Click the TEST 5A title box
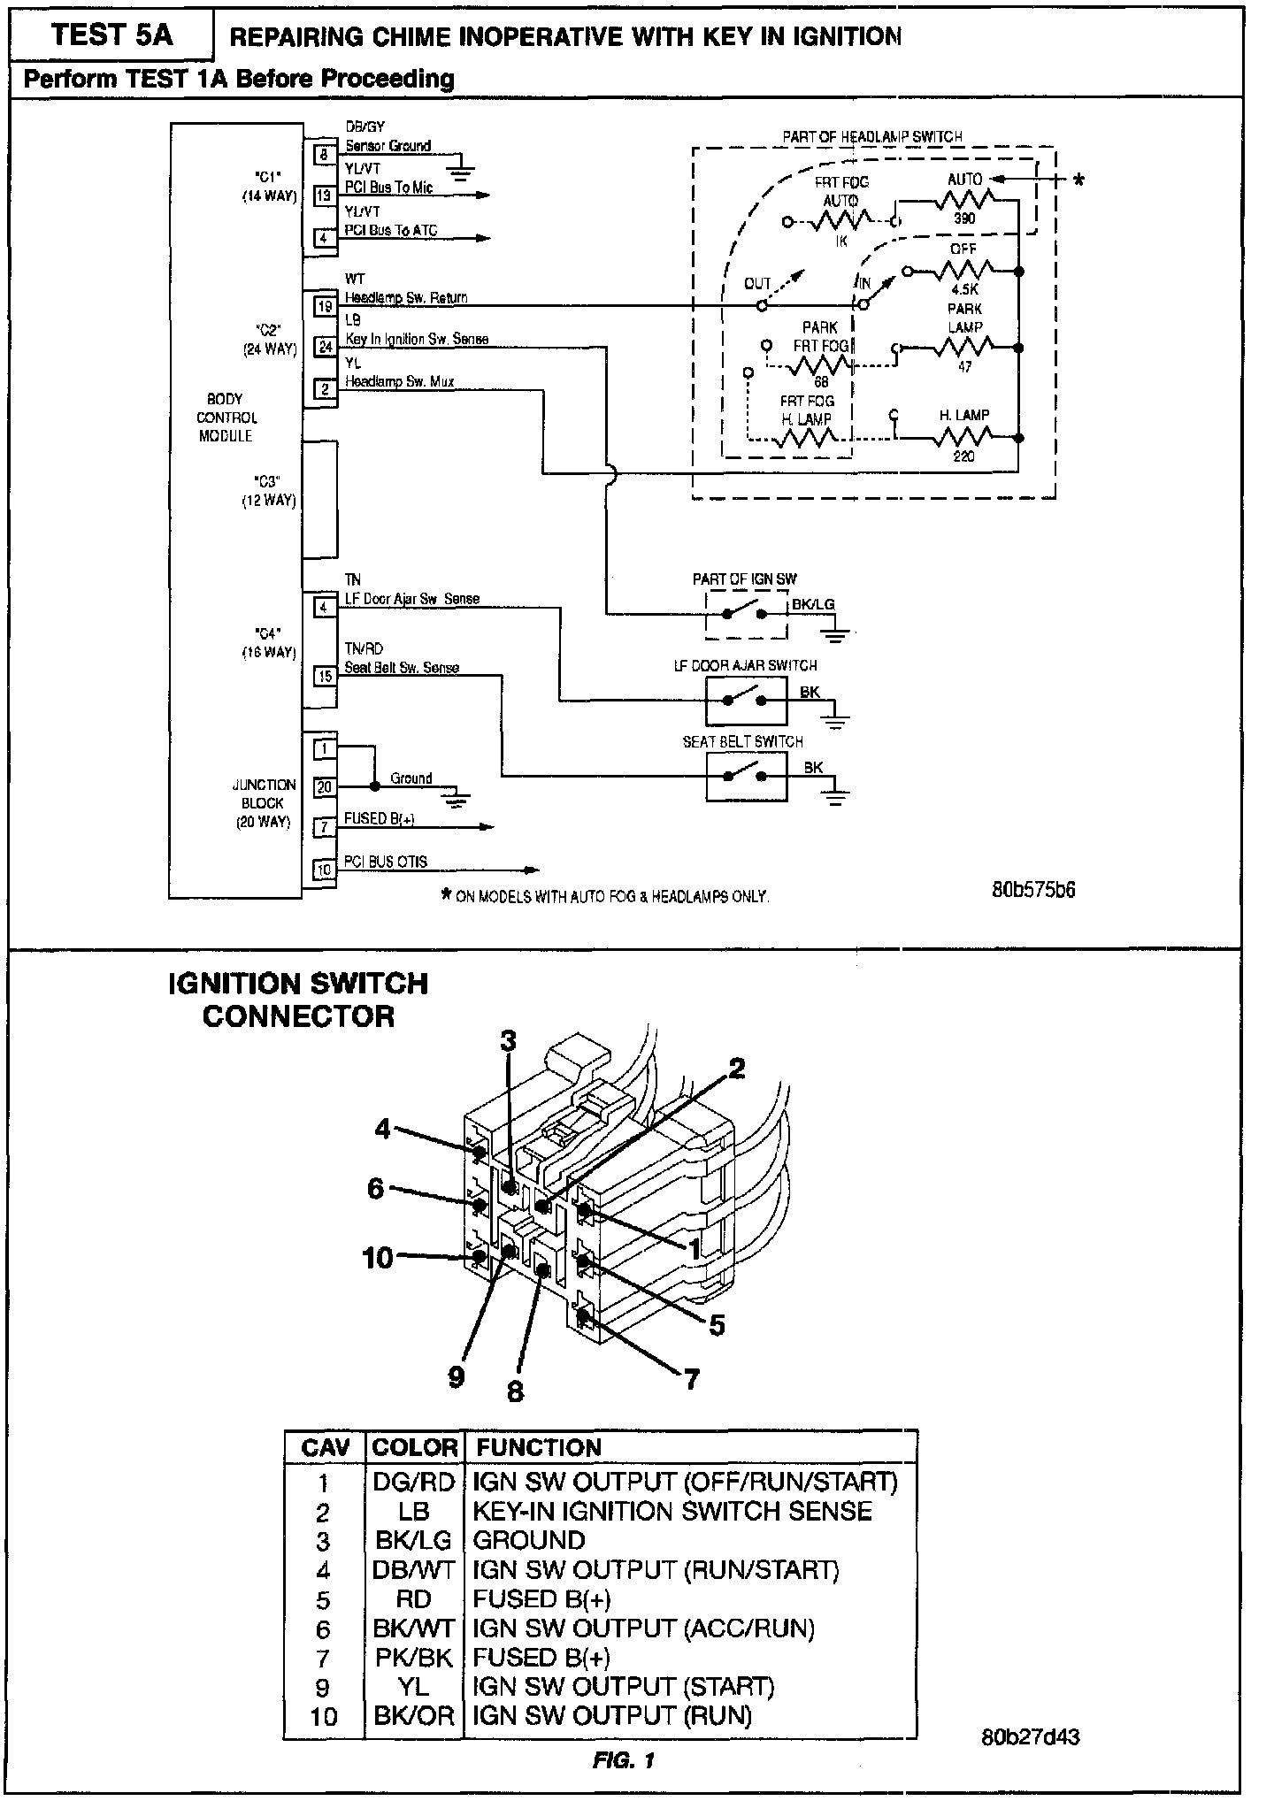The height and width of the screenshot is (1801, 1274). (x=111, y=35)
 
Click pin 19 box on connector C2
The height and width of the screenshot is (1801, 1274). (x=326, y=306)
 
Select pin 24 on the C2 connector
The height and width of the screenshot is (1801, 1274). (x=326, y=348)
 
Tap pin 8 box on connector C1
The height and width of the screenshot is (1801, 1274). (x=324, y=155)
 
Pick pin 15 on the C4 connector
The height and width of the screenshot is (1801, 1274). (x=325, y=677)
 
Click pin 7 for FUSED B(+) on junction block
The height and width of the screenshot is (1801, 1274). (x=325, y=827)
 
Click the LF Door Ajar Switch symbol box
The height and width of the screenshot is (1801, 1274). (x=746, y=701)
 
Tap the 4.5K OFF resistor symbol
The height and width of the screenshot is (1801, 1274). (x=964, y=270)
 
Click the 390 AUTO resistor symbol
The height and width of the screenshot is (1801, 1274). (x=963, y=201)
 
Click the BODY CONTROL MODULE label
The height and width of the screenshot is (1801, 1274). (x=226, y=418)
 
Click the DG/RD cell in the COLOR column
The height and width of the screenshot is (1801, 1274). (x=413, y=1483)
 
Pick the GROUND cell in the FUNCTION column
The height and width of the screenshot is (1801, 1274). (x=529, y=1540)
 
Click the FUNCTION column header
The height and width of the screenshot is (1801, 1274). (x=539, y=1447)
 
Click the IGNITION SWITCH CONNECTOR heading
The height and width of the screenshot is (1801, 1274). (x=298, y=1000)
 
